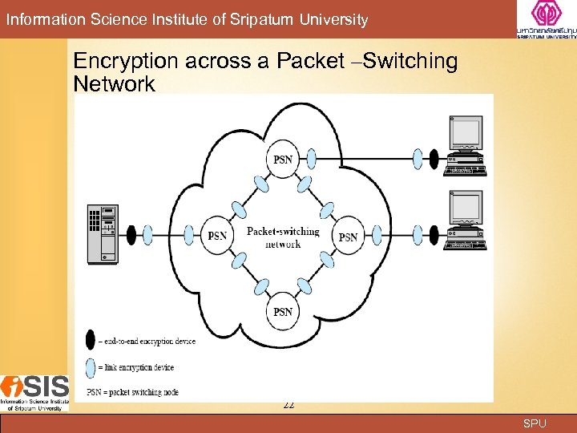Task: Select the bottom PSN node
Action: coord(283,310)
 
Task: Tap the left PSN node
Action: coord(217,236)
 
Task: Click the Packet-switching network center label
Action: coord(283,237)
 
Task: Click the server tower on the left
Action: coord(103,233)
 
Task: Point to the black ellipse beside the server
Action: coord(128,235)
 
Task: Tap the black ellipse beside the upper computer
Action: coord(434,158)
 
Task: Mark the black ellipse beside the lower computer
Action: coord(434,235)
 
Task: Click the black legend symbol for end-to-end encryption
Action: coord(91,340)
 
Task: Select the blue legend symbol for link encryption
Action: coord(91,366)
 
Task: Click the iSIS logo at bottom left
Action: coord(34,393)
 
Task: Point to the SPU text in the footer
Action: coord(535,423)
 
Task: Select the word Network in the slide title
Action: coord(114,84)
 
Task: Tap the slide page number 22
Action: coord(288,406)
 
